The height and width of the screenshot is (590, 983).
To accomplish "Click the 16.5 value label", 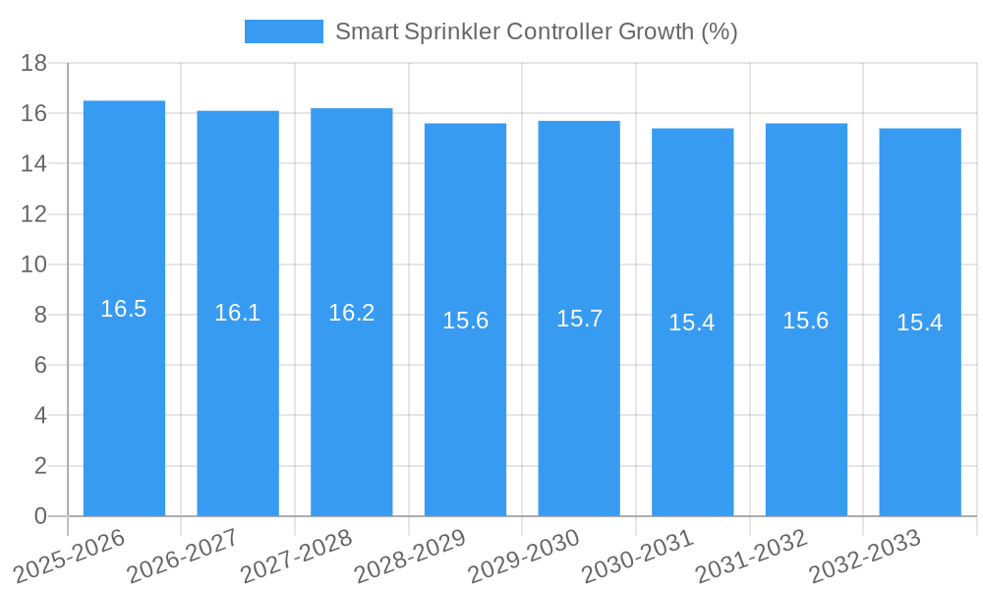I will (x=124, y=309).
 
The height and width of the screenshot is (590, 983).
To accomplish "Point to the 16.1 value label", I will (x=238, y=313).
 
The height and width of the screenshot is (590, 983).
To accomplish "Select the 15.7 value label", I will (x=579, y=319).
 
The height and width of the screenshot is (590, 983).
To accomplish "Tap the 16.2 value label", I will (x=352, y=313).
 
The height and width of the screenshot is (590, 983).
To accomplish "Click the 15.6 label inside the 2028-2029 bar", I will (x=465, y=321).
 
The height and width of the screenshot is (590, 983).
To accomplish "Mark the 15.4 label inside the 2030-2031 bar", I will (x=692, y=323).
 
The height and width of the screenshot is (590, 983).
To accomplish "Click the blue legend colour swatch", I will (x=283, y=31).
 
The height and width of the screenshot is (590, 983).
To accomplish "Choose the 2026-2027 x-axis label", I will (x=184, y=557).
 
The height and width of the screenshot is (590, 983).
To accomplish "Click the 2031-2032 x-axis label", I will (x=752, y=557).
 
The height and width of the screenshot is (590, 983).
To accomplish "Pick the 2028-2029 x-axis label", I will (x=411, y=557).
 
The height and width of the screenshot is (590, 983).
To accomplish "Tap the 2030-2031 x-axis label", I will (x=639, y=557).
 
